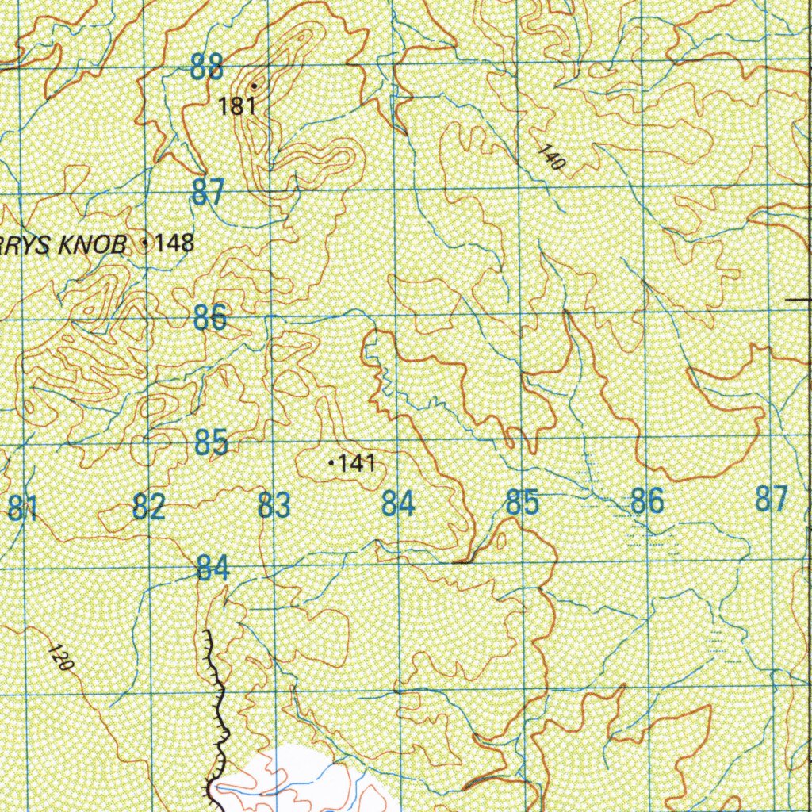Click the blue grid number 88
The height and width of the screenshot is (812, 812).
tap(207, 67)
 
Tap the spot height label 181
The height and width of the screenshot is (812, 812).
tap(237, 106)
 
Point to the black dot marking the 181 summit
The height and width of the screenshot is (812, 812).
tap(254, 86)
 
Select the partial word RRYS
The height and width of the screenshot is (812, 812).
tap(25, 245)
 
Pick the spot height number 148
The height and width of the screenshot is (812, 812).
tap(174, 243)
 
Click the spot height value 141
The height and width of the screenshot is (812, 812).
tap(357, 463)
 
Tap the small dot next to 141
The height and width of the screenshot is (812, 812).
tap(331, 462)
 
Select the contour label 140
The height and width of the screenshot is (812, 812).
tap(553, 159)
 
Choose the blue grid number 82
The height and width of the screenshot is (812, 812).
tap(148, 506)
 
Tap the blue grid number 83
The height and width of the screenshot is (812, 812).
tap(274, 505)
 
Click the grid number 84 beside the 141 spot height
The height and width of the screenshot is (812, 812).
tap(398, 503)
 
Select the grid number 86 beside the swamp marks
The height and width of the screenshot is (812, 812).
tap(646, 501)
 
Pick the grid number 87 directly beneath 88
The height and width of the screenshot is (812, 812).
tap(208, 193)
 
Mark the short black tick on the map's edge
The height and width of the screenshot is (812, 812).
tap(798, 301)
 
